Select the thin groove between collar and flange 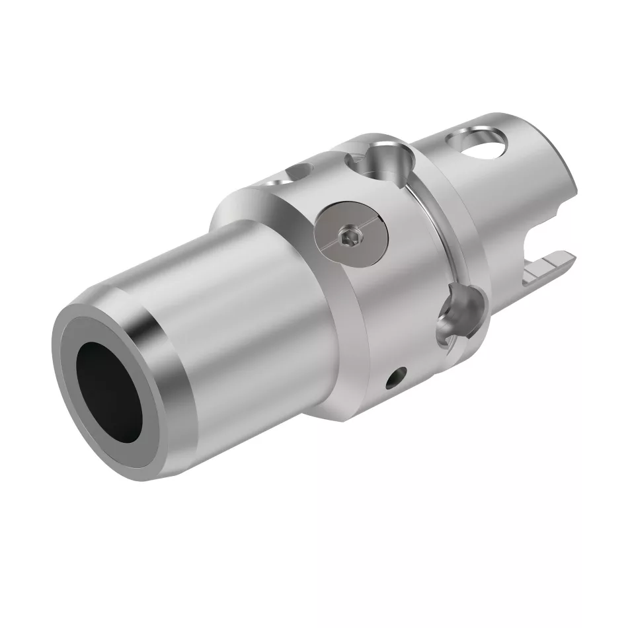click(430, 218)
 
